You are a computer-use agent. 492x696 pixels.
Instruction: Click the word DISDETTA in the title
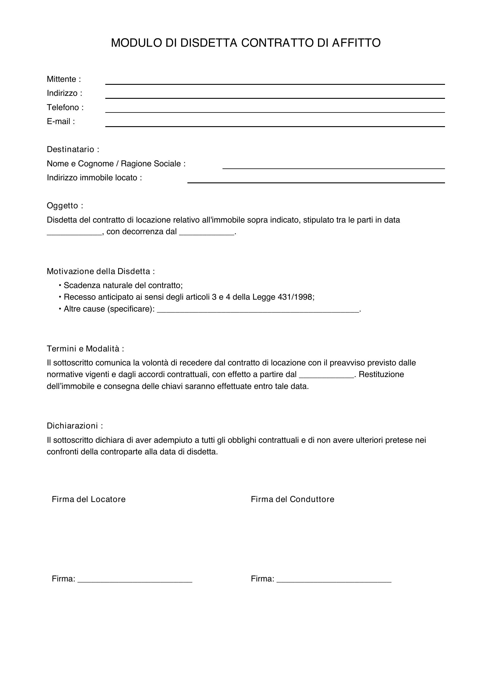tap(209, 43)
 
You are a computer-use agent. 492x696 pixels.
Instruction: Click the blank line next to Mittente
tap(275, 82)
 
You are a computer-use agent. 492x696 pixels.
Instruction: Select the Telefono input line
tap(275, 110)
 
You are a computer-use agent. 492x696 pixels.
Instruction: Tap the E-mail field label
tap(61, 122)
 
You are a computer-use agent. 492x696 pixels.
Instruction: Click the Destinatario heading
tap(73, 149)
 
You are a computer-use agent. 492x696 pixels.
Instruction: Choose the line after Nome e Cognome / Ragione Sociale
tap(333, 166)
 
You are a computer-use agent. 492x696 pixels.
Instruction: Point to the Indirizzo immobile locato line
tap(316, 180)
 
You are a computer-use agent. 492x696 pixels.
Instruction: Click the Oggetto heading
tap(65, 206)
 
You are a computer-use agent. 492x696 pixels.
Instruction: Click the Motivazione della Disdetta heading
tap(101, 271)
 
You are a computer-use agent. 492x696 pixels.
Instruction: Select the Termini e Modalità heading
tap(85, 349)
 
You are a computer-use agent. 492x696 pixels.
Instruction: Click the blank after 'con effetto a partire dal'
tap(327, 376)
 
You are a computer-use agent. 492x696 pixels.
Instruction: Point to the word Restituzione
tap(381, 375)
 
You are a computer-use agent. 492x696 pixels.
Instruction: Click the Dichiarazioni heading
tap(75, 426)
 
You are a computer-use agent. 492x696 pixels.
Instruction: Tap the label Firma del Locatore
tap(88, 499)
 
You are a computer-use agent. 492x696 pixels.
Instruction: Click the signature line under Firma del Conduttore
tap(334, 580)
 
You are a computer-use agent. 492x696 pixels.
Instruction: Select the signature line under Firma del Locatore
tap(135, 580)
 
